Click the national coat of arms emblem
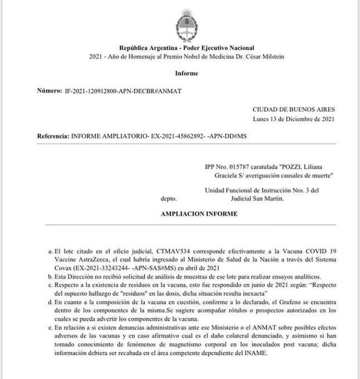pyautogui.click(x=186, y=25)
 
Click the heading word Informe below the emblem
pyautogui.click(x=186, y=72)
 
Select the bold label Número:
pyautogui.click(x=48, y=89)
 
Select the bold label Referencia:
pyautogui.click(x=52, y=135)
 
